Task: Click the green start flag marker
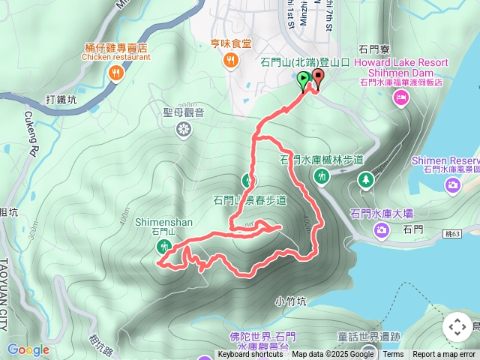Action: (x=304, y=79)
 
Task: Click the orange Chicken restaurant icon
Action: (x=115, y=73)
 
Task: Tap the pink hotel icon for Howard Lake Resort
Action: (x=401, y=97)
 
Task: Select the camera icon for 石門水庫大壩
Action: (x=382, y=229)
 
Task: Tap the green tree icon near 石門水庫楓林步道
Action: (x=365, y=179)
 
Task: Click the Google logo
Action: (x=28, y=349)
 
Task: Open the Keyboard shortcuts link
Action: (x=250, y=355)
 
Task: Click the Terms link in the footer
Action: (x=393, y=355)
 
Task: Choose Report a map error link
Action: (x=444, y=355)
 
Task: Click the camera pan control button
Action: (x=457, y=327)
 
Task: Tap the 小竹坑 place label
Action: (x=290, y=301)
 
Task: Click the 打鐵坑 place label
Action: (x=61, y=99)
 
